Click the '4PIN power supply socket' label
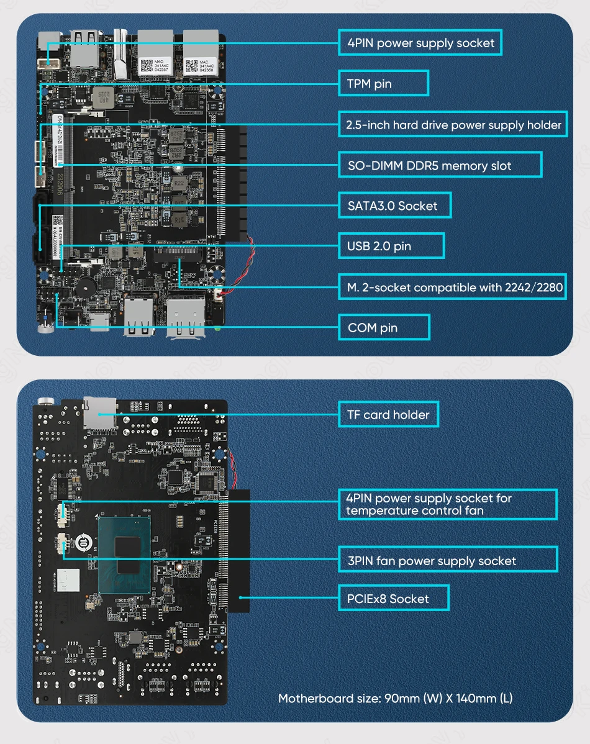click(420, 43)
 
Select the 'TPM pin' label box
click(383, 83)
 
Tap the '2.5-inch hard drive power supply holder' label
click(453, 125)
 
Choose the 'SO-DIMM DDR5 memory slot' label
click(440, 165)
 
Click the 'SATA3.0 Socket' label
click(394, 206)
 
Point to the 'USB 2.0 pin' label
click(391, 246)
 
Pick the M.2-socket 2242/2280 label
click(452, 287)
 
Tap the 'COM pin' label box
click(384, 327)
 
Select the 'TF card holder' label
click(388, 414)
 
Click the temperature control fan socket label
click(447, 504)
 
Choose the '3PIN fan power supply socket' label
click(447, 560)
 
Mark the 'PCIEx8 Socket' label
click(394, 599)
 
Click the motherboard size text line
click(395, 698)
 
